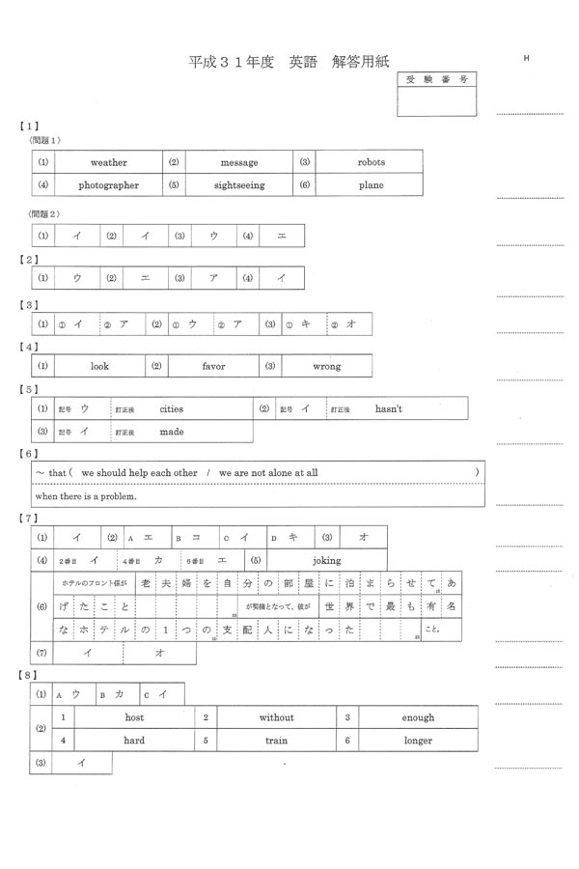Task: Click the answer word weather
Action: pyautogui.click(x=108, y=162)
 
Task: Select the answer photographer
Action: pyautogui.click(x=108, y=185)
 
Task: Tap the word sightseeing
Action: pyautogui.click(x=239, y=185)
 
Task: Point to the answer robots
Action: pyautogui.click(x=371, y=162)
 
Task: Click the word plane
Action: pyautogui.click(x=371, y=185)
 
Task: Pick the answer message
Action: pyautogui.click(x=239, y=162)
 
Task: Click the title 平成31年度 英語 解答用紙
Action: pyautogui.click(x=289, y=61)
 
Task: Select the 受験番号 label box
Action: pyautogui.click(x=436, y=79)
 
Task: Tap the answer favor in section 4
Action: pyautogui.click(x=213, y=367)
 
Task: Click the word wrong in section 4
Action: pyautogui.click(x=326, y=367)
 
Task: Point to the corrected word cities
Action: pyautogui.click(x=171, y=409)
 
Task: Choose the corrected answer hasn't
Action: pyautogui.click(x=389, y=409)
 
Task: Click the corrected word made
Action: pyautogui.click(x=171, y=433)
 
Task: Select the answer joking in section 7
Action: pyautogui.click(x=326, y=560)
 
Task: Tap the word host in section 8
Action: pyautogui.click(x=134, y=717)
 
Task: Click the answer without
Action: pyautogui.click(x=276, y=717)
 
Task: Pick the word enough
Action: pyautogui.click(x=418, y=717)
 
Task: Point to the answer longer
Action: pyautogui.click(x=418, y=741)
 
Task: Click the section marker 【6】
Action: pyautogui.click(x=29, y=453)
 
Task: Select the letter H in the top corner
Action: pyautogui.click(x=527, y=59)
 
